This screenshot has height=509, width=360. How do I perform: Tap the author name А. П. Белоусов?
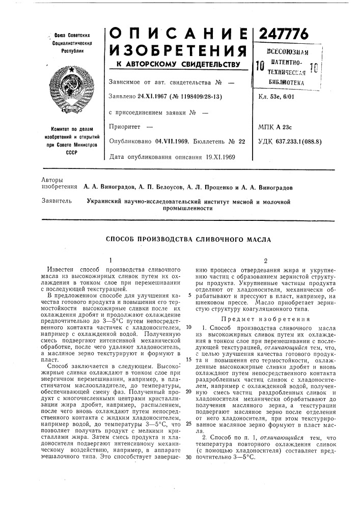point(156,187)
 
